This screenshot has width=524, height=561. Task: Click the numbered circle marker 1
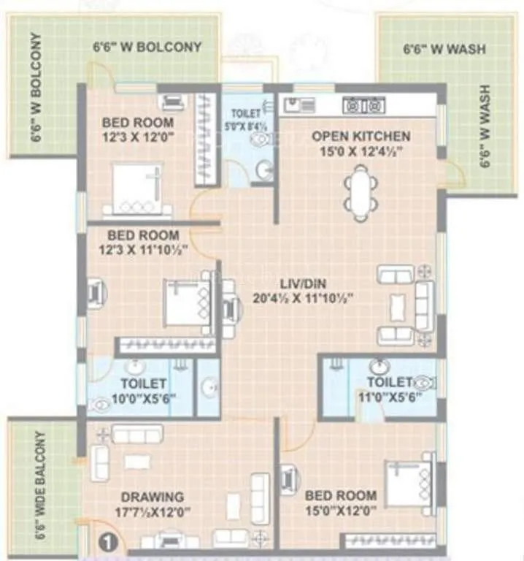pyautogui.click(x=107, y=543)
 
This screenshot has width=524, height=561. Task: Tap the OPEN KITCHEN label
pyautogui.click(x=361, y=136)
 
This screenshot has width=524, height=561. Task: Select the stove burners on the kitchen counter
pyautogui.click(x=363, y=106)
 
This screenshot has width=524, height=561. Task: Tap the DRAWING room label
pyautogui.click(x=153, y=497)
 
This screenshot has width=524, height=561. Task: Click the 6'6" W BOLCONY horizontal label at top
pyautogui.click(x=147, y=47)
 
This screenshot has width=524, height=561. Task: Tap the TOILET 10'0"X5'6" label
pyautogui.click(x=139, y=391)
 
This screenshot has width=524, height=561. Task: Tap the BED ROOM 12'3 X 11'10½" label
pyautogui.click(x=143, y=242)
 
